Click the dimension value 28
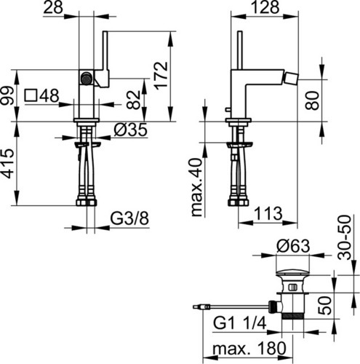(53, 7)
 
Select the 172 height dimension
(161, 76)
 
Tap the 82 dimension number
(134, 100)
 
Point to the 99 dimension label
(7, 95)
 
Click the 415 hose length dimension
(7, 164)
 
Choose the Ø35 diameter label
(130, 130)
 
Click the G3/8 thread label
(129, 218)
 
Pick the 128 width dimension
(265, 7)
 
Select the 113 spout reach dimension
(268, 213)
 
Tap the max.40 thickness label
(197, 187)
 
